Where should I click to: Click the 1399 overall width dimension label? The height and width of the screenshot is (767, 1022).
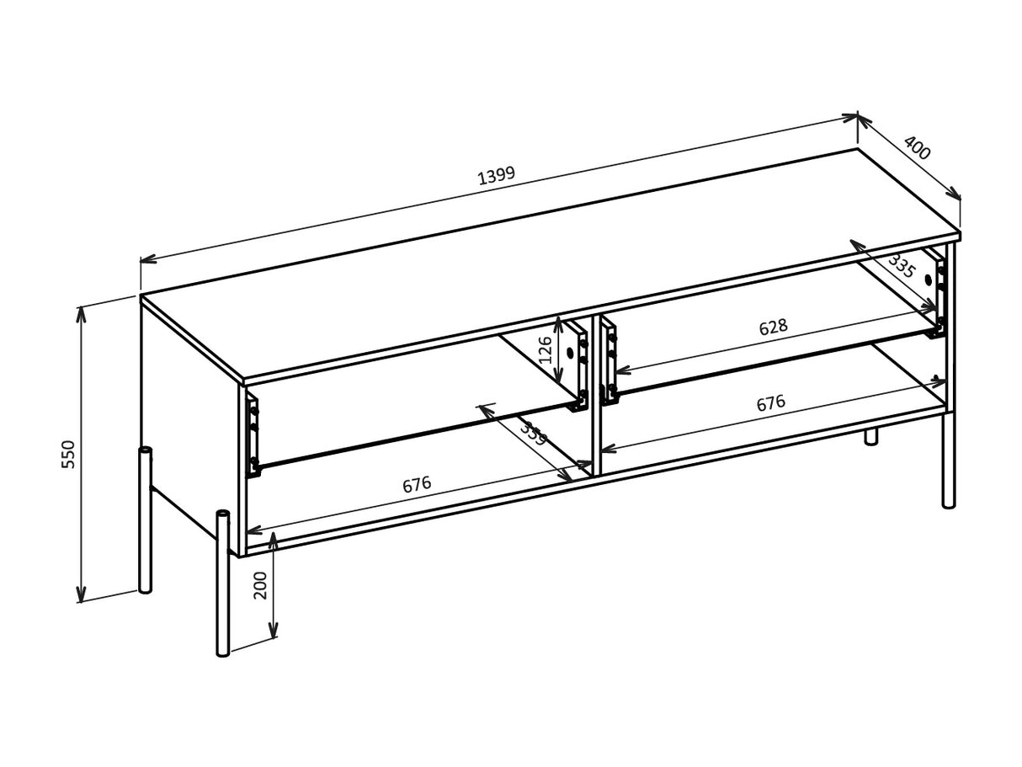[496, 175]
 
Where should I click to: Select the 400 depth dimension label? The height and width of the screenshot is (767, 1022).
[917, 148]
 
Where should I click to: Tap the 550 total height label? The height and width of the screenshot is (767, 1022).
[69, 454]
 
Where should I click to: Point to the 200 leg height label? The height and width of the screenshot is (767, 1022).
[261, 584]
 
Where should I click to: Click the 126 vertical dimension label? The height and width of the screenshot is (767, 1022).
[546, 349]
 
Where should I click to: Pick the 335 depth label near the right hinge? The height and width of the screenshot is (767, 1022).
[901, 266]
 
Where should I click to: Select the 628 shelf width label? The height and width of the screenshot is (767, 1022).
[773, 328]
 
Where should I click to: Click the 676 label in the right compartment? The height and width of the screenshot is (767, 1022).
[770, 403]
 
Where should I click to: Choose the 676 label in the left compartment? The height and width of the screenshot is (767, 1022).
[417, 485]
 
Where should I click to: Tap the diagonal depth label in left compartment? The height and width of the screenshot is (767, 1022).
[532, 434]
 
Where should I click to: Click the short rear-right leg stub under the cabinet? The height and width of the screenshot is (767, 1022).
[871, 436]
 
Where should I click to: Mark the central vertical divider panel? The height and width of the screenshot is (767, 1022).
[596, 396]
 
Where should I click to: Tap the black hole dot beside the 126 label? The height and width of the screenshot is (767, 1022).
[570, 353]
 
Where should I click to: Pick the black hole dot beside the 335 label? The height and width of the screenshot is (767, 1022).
[929, 280]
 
